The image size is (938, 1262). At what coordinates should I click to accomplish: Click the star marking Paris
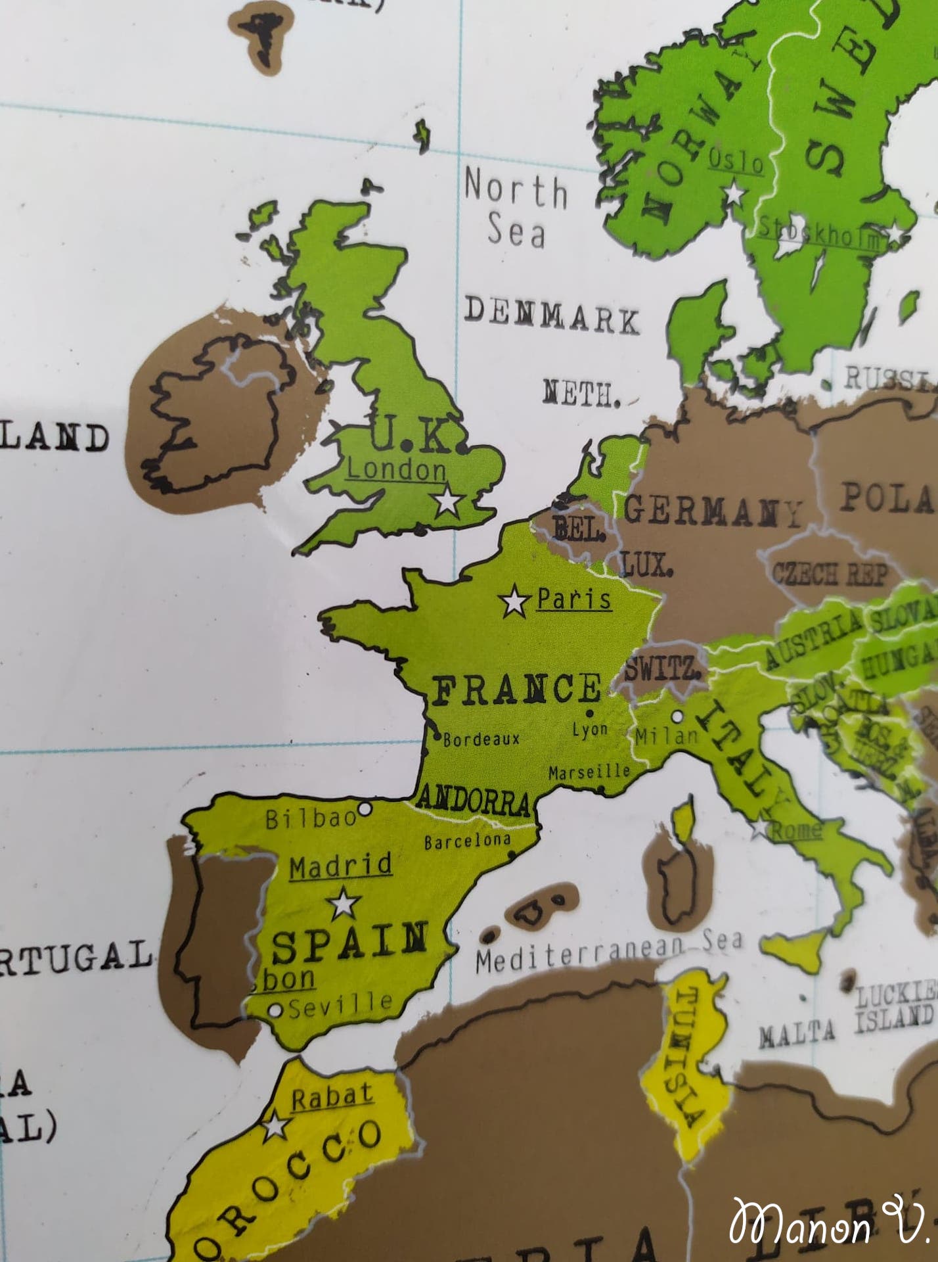[514, 601]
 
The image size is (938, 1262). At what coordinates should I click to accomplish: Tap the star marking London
[449, 501]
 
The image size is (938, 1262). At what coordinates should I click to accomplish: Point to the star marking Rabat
[276, 1126]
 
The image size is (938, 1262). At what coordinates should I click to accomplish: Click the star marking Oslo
[733, 194]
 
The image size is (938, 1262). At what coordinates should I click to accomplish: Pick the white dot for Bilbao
[364, 808]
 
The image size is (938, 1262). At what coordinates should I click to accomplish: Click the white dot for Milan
[677, 716]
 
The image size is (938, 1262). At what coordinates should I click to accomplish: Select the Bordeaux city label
[481, 739]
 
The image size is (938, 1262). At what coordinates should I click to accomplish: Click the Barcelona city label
[467, 841]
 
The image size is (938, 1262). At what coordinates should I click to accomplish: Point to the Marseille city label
[589, 772]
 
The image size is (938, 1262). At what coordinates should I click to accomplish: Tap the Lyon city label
[589, 729]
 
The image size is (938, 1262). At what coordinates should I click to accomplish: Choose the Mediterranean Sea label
[609, 950]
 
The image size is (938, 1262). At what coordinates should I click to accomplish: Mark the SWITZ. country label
[661, 670]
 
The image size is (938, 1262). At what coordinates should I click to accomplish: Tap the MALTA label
[797, 1035]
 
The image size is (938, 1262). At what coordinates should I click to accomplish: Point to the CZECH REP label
[829, 574]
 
